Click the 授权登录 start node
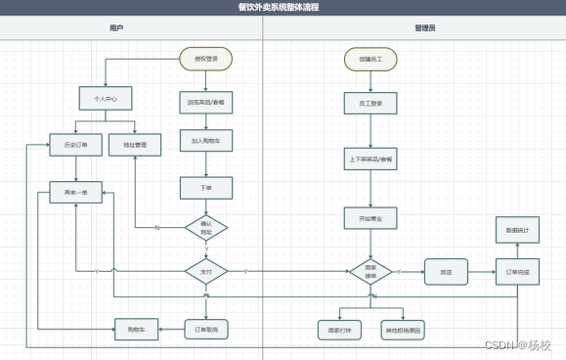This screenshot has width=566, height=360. tap(205, 59)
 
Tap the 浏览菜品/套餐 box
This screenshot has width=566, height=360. tap(205, 102)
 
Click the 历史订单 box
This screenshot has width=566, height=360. tap(75, 146)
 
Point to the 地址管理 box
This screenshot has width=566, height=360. tap(135, 146)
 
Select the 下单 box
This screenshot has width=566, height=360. tap(205, 186)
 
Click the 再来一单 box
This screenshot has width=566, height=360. tap(75, 193)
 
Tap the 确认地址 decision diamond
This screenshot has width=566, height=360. tap(205, 228)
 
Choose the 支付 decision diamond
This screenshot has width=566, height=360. tap(205, 270)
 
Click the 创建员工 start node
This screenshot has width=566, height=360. tap(370, 59)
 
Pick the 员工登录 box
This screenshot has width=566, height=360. tap(370, 102)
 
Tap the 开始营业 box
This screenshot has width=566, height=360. tap(370, 218)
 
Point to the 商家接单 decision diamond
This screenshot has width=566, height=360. tap(370, 270)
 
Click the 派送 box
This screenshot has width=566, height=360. tap(446, 271)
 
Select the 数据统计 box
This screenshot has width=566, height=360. tap(516, 230)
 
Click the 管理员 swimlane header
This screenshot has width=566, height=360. tap(425, 29)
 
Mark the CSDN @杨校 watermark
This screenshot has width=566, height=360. tap(518, 345)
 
